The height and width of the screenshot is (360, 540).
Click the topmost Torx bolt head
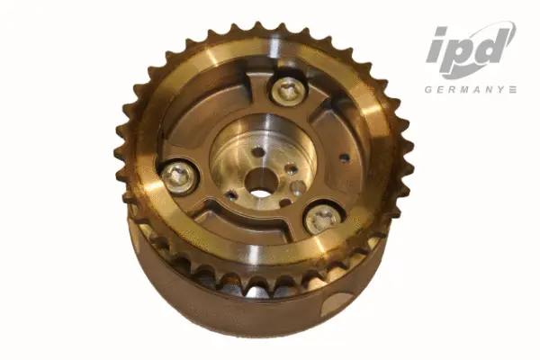click(x=289, y=89)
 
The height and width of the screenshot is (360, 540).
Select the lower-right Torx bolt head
click(x=321, y=217)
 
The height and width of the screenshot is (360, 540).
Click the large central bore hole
click(x=261, y=189)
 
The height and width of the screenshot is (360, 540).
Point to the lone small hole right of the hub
click(x=344, y=158)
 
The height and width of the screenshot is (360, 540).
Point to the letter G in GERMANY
click(x=429, y=89)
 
